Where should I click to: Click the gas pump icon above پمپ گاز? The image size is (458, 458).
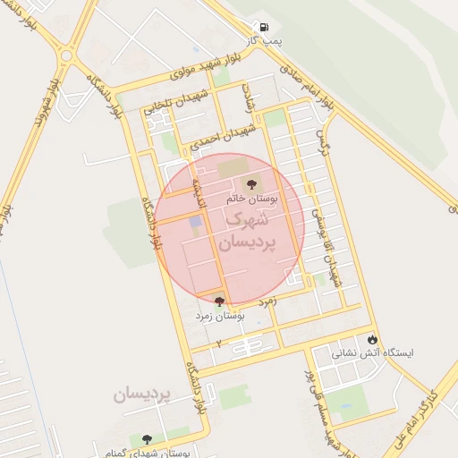point(263,28)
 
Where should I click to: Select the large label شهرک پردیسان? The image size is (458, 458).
point(244,229)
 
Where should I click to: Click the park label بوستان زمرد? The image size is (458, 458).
point(220,316)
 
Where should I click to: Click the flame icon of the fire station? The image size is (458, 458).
point(372,340)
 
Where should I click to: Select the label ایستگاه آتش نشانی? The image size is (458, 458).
point(374,353)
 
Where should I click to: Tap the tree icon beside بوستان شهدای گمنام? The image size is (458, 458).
point(147,438)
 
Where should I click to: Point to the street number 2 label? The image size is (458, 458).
point(217,343)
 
